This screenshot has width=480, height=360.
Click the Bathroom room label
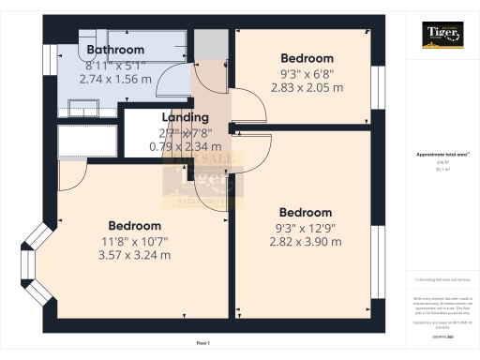pyautogui.click(x=115, y=50)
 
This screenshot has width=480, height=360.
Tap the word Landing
pyautogui.click(x=185, y=117)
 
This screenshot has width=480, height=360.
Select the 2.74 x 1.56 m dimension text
pyautogui.click(x=115, y=80)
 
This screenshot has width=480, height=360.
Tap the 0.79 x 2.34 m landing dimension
pyautogui.click(x=185, y=146)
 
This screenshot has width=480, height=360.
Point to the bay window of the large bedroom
pyautogui.click(x=35, y=267)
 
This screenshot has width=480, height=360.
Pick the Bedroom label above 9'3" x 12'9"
pyautogui.click(x=305, y=212)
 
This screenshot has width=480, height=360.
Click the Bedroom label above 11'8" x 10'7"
pyautogui.click(x=134, y=226)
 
